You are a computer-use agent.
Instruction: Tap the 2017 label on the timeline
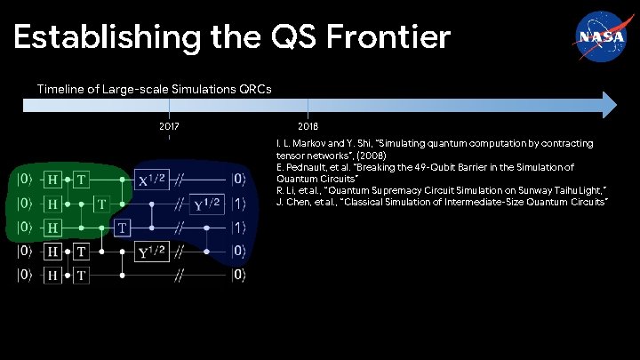(169, 127)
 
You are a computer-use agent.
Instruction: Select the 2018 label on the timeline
(308, 127)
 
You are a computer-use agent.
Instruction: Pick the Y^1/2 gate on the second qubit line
(206, 204)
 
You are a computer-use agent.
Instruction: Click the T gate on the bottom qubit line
(80, 276)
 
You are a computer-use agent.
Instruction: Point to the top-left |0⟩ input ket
(20, 179)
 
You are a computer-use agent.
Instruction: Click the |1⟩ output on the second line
(238, 204)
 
